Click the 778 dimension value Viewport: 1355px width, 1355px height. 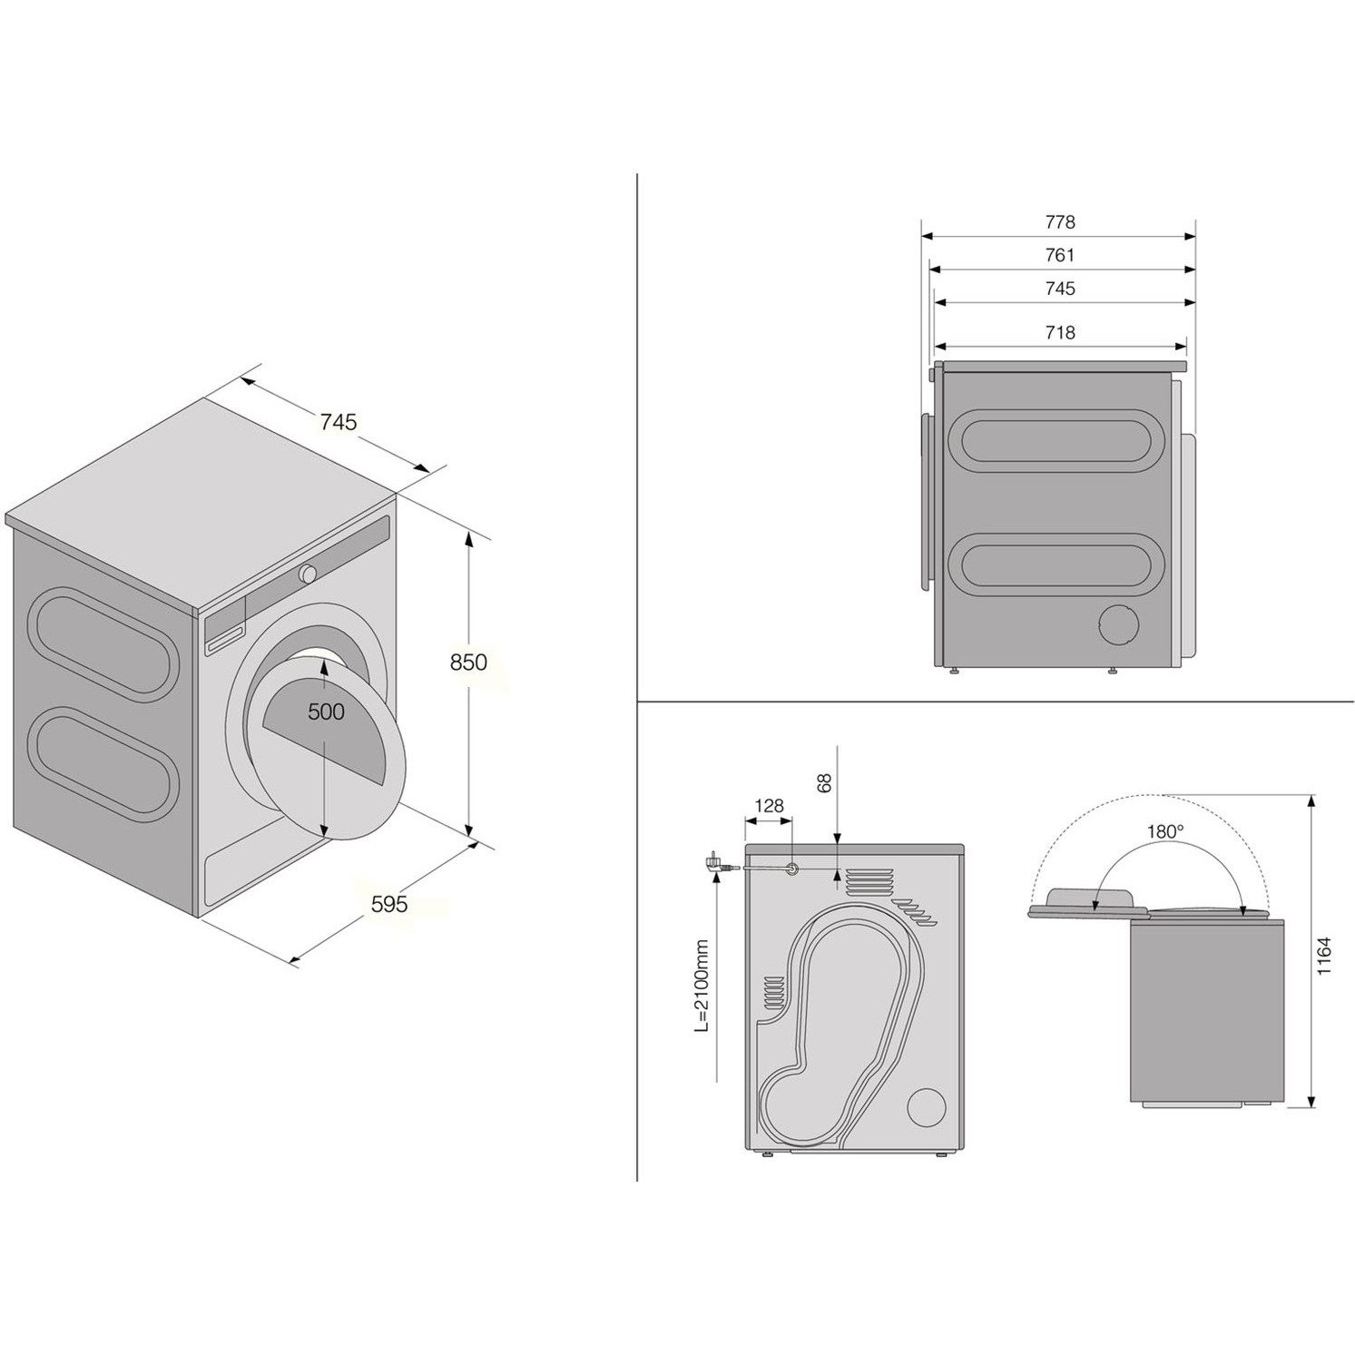point(1059,221)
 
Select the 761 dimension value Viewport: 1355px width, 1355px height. point(1059,255)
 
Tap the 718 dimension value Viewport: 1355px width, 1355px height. point(1059,332)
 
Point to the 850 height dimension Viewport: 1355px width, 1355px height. point(468,663)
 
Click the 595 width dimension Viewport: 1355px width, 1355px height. point(389,904)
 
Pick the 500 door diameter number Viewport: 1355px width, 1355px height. point(326,712)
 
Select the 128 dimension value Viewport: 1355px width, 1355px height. point(769,806)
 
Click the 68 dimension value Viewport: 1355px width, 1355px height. point(824,782)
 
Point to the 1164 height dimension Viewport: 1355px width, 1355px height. point(1324,955)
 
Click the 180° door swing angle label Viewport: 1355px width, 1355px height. point(1165,830)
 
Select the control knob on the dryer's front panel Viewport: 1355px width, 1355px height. point(308,574)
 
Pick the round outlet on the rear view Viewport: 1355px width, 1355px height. point(928,1107)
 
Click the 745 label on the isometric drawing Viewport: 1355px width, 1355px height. point(338,422)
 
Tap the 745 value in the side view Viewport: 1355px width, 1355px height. point(1059,289)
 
